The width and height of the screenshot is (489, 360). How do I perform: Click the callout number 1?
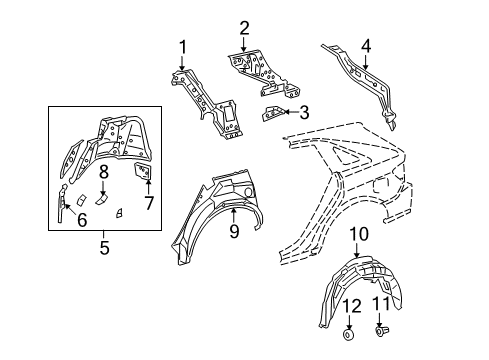183,45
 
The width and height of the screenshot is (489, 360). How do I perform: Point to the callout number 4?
365,44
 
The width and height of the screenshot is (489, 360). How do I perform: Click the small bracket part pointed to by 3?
275,113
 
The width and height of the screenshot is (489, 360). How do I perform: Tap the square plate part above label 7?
143,174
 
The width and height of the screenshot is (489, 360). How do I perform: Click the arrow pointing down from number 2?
244,42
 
